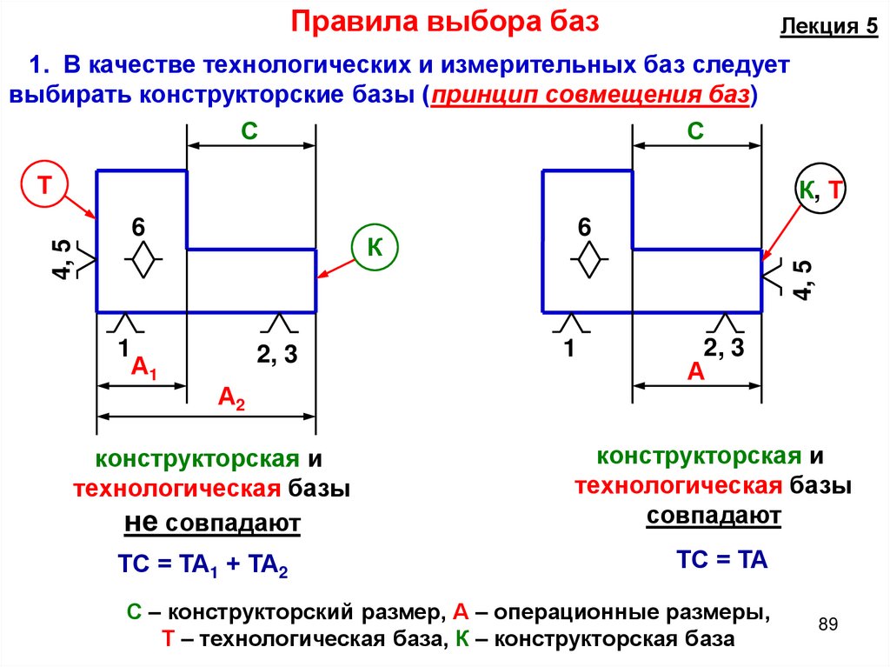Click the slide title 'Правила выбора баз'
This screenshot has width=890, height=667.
pyautogui.click(x=445, y=22)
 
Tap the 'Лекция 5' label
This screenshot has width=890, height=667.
pyautogui.click(x=828, y=26)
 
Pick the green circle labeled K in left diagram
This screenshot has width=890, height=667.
pyautogui.click(x=375, y=248)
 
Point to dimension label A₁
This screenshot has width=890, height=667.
pyautogui.click(x=143, y=369)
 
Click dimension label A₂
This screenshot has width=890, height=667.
pyautogui.click(x=231, y=399)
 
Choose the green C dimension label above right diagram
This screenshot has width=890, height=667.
pyautogui.click(x=695, y=131)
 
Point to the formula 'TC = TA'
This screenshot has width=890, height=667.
pyautogui.click(x=721, y=559)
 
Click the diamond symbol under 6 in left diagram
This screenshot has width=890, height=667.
pyautogui.click(x=139, y=261)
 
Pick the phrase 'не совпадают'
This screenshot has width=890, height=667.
pyautogui.click(x=213, y=524)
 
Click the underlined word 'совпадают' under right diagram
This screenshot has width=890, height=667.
pyautogui.click(x=714, y=516)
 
